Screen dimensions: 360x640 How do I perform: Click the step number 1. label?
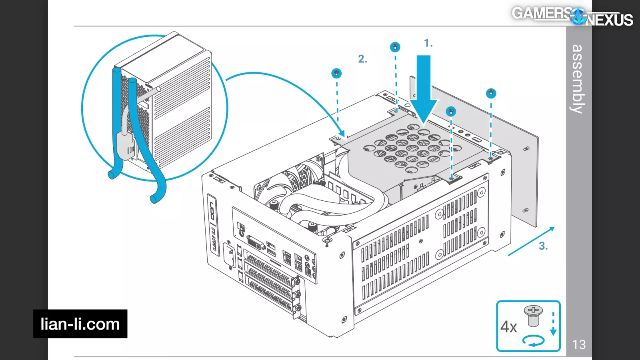428,43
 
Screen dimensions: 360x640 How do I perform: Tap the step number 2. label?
362,59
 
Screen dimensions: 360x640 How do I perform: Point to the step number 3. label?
543,246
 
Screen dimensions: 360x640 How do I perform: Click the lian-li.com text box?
80,324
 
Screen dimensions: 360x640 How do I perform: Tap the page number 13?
579,344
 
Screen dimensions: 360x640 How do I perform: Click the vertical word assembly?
578,79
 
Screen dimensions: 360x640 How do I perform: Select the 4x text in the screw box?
509,327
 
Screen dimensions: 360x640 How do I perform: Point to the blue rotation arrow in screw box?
534,341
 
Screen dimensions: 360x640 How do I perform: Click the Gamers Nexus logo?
572,16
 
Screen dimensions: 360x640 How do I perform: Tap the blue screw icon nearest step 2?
336,74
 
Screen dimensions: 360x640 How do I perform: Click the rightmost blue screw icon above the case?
491,94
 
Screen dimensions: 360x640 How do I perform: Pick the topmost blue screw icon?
395,47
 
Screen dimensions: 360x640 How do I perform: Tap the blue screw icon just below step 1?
451,111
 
